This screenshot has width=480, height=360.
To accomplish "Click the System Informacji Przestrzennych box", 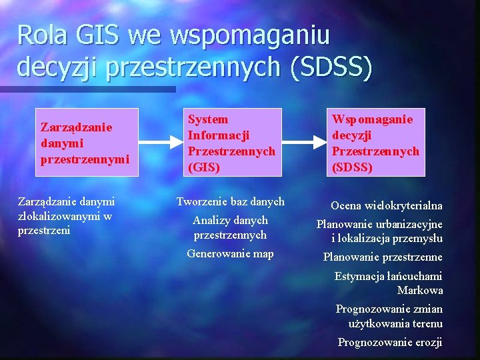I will coord(231,143).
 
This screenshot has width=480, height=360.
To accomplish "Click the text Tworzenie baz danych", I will coord(230,201).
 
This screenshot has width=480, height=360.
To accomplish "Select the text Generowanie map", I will coord(230,253).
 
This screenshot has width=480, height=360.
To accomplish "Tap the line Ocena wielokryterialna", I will coord(387,205).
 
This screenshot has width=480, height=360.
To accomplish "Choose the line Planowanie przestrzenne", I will coord(383,257).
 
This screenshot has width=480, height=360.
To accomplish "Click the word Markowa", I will coord(419,290).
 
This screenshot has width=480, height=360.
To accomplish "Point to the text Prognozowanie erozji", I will coord(389,343).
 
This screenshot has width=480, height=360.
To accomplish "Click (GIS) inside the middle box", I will coord(203,167).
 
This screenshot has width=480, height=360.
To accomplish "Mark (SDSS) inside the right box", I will coord(352,167).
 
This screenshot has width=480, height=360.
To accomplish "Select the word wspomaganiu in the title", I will coord(249,35).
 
